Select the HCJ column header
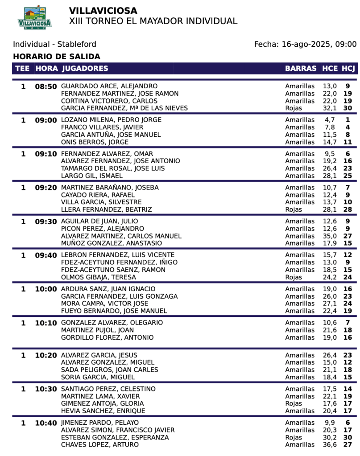(x=348, y=68)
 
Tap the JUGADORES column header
(x=85, y=68)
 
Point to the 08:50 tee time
(x=46, y=86)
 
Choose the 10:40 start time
(x=46, y=423)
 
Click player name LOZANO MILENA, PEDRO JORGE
(x=111, y=120)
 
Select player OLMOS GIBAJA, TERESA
(x=99, y=277)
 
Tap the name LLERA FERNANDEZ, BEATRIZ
(x=106, y=210)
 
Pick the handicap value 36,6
(x=330, y=444)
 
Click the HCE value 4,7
(x=330, y=120)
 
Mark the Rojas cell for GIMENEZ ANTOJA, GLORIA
(x=294, y=403)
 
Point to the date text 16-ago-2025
(x=305, y=44)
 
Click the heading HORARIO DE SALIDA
(x=57, y=57)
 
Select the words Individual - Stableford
(x=54, y=44)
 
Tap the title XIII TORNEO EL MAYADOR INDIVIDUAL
(x=153, y=21)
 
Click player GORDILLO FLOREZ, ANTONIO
(x=107, y=337)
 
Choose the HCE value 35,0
(x=330, y=236)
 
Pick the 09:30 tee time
(x=46, y=221)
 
